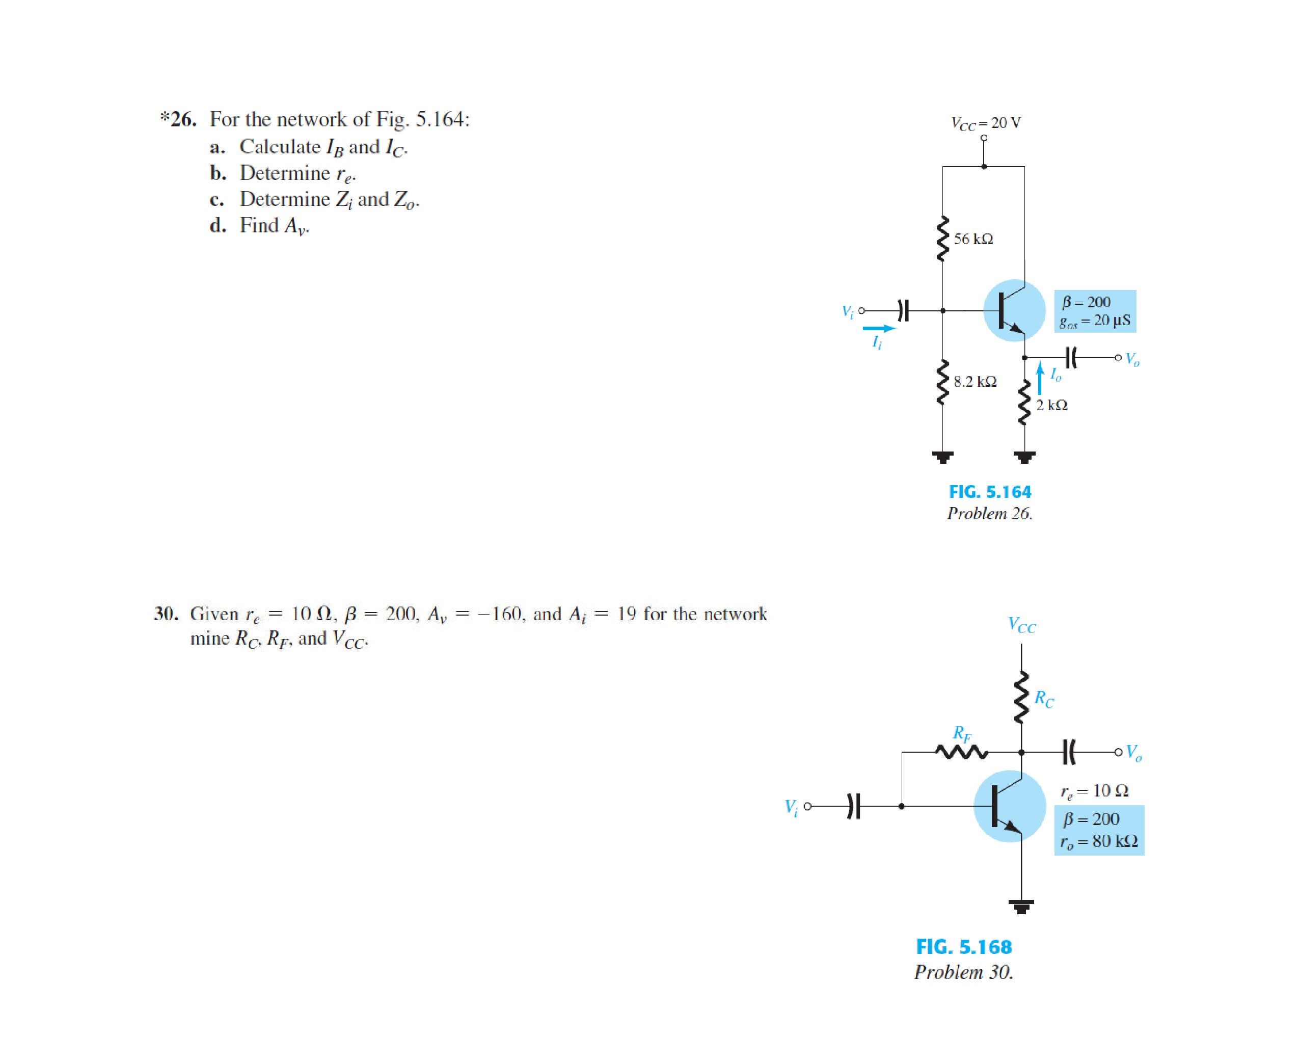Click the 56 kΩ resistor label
tap(973, 239)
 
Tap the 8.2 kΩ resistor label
tap(975, 382)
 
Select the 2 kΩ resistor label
tap(1052, 405)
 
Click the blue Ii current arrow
tap(879, 329)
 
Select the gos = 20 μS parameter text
tap(1095, 321)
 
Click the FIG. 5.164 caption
tap(990, 492)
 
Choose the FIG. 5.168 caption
tap(963, 947)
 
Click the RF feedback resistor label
tap(961, 733)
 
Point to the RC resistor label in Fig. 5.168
tap(1044, 699)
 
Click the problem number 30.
tap(166, 614)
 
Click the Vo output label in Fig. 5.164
tap(1132, 360)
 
